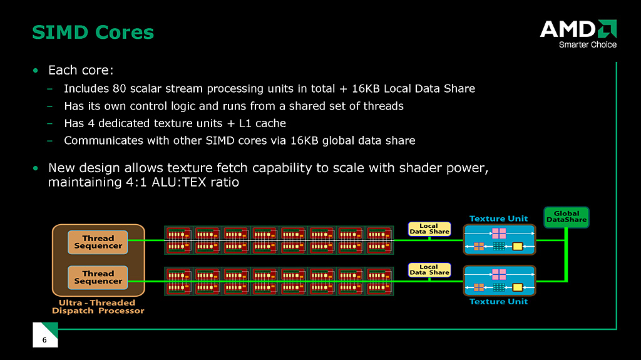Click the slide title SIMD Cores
tap(93, 32)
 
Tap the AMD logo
tap(577, 29)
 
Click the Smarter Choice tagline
tap(587, 44)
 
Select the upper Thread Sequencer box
tap(98, 242)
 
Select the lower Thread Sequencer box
tap(98, 277)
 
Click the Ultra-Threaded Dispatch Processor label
tap(98, 307)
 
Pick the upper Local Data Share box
tap(429, 229)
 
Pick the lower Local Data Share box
tap(429, 270)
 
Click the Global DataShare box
tap(566, 217)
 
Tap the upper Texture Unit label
tap(498, 219)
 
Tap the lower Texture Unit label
tap(498, 302)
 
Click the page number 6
tap(44, 340)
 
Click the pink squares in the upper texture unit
tap(498, 233)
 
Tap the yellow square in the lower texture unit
tap(517, 287)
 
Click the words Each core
tap(80, 69)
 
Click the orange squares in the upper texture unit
tap(479, 246)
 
